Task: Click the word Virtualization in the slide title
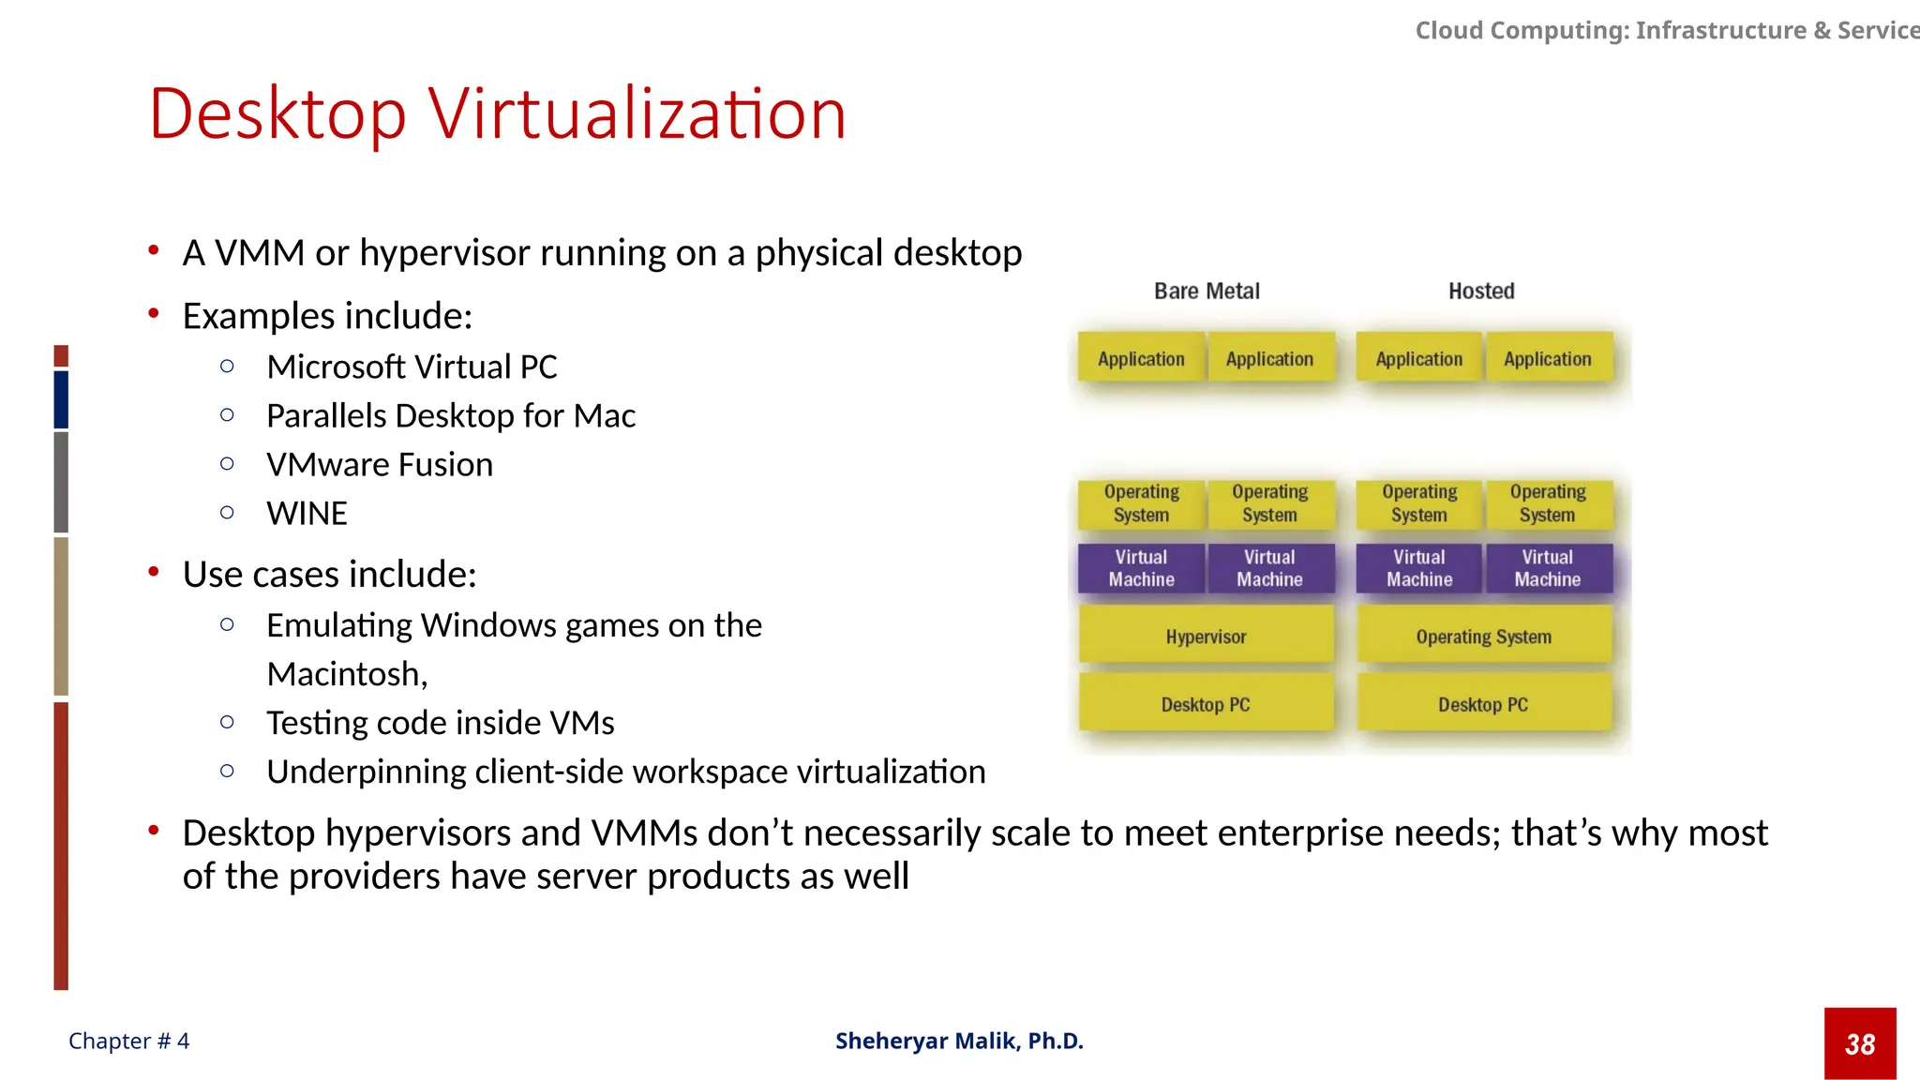point(637,114)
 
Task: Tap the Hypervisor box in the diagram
point(1206,637)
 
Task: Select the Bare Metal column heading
point(1207,292)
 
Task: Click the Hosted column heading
point(1481,292)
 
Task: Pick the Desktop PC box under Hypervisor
point(1206,705)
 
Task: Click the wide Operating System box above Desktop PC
point(1483,637)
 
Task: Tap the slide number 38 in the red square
point(1860,1044)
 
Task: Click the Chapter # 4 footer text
point(128,1042)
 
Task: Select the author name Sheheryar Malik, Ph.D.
point(959,1042)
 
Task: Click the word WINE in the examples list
point(307,514)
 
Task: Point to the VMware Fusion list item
point(379,465)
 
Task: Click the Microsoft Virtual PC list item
point(412,367)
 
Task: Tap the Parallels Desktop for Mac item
point(451,416)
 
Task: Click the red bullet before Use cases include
point(154,572)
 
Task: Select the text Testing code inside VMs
point(440,723)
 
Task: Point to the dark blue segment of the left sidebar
point(61,399)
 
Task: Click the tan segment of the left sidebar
point(61,615)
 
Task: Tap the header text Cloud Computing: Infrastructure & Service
point(1667,31)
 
